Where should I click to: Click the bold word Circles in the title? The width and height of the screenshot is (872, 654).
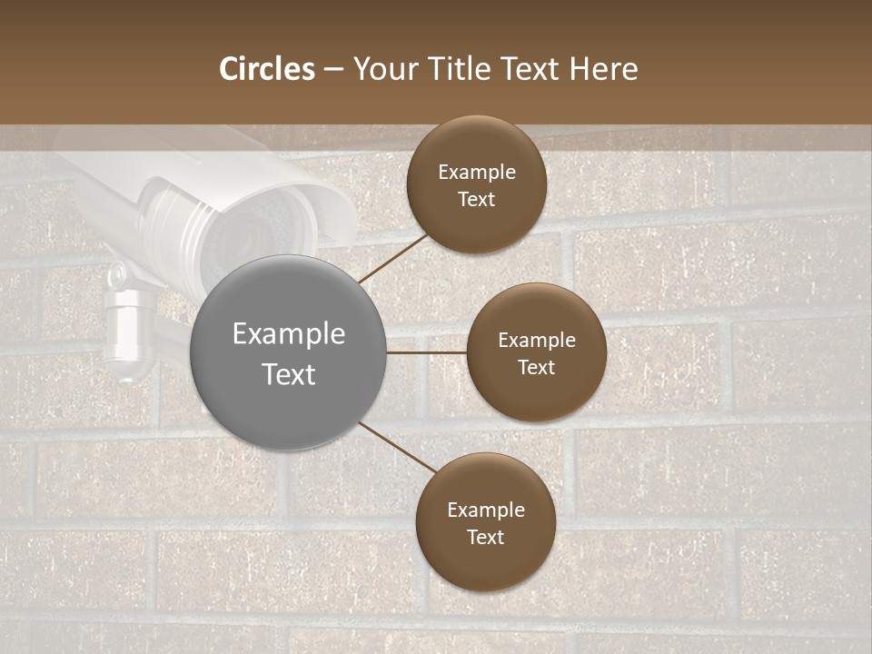coord(267,69)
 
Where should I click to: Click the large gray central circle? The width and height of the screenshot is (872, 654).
coord(289,353)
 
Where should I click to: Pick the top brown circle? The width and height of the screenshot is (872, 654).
coord(476,184)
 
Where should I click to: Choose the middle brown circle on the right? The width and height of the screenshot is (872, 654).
coord(536,352)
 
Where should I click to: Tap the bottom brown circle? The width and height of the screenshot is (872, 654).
coord(485,522)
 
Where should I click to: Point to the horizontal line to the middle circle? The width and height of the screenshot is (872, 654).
coord(427,352)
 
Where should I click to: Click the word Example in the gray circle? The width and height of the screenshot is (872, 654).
coord(289,333)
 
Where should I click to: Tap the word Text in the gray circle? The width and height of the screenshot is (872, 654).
coord(289,374)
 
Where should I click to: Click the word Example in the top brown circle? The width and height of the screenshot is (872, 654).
coord(476,172)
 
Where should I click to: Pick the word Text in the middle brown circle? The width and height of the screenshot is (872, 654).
coord(536,367)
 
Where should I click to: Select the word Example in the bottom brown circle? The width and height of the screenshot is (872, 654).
coord(485,510)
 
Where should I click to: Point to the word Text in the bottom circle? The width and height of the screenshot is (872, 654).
coord(485,537)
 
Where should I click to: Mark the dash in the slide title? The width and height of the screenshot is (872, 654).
coord(333,69)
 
